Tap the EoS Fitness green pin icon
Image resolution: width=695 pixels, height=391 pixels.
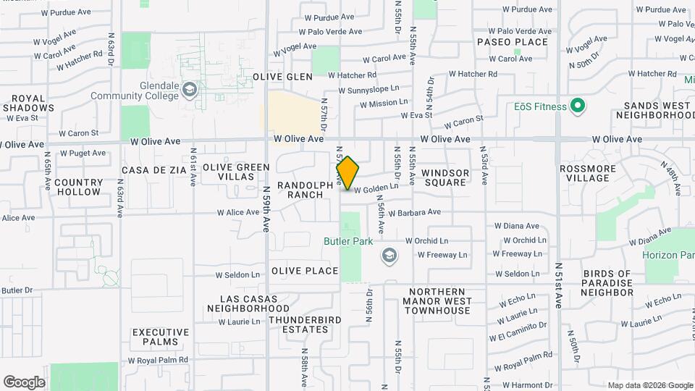pos(577,106)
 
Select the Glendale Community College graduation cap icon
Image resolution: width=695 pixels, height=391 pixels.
pos(190,90)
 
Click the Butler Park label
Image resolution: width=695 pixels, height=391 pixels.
pos(342,242)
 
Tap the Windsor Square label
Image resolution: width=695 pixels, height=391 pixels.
pos(445,177)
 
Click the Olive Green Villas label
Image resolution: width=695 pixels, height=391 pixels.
pos(236,172)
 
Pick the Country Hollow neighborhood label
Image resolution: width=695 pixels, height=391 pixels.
pos(77,187)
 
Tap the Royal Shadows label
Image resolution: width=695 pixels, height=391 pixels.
pos(28,103)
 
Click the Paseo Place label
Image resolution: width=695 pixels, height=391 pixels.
pos(512,42)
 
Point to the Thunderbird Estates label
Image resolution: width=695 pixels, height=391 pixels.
pos(298,324)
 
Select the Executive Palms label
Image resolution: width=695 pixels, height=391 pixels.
pos(161,337)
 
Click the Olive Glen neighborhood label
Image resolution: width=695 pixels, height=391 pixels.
pos(282,77)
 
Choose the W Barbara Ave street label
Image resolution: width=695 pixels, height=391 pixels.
pos(414,213)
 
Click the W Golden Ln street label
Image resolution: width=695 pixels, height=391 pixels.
pos(376,188)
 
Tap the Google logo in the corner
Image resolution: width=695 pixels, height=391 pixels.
pos(24,382)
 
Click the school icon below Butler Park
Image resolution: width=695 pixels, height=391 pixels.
pos(389,256)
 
